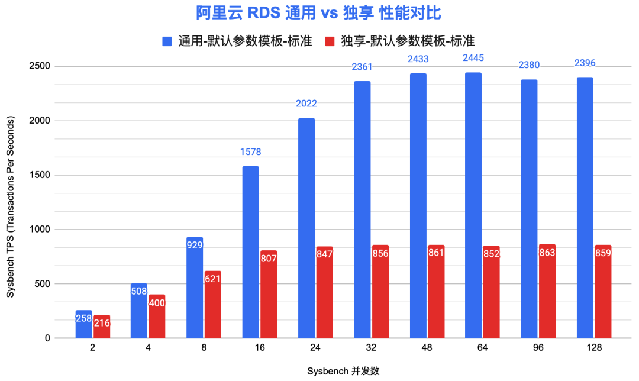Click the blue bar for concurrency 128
coord(585,208)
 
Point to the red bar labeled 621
coord(213,304)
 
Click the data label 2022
coord(306,104)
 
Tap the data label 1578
coord(250,152)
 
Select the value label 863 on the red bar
coord(547,254)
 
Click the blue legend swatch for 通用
coord(167,41)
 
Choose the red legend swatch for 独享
coord(330,41)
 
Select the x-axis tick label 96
coord(538,348)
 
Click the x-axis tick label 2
coord(93,348)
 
